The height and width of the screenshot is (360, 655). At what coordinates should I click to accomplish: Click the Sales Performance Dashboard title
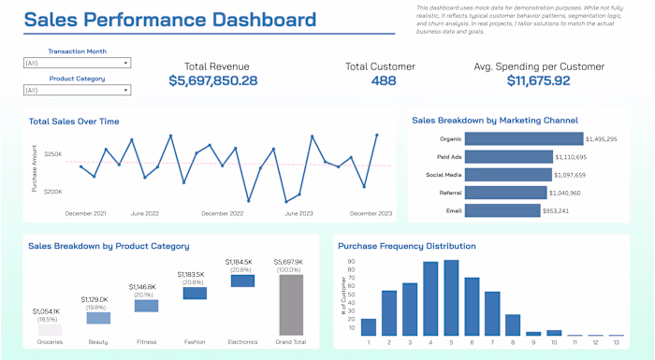point(169,20)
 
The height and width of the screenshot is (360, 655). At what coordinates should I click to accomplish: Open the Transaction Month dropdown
point(77,64)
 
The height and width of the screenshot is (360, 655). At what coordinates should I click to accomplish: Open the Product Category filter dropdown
point(77,90)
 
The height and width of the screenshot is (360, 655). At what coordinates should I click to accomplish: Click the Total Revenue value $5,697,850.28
point(213,81)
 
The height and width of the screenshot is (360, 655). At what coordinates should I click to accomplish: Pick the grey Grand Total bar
point(292,304)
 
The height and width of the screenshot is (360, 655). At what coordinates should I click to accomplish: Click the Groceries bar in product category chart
point(50,329)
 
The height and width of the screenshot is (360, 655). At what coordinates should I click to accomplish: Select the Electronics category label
point(242,342)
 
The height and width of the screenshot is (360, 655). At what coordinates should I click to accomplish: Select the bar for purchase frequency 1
point(369,326)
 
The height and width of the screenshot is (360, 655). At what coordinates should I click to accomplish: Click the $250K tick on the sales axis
point(52,154)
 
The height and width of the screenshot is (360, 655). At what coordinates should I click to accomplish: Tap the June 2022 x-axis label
point(143,213)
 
